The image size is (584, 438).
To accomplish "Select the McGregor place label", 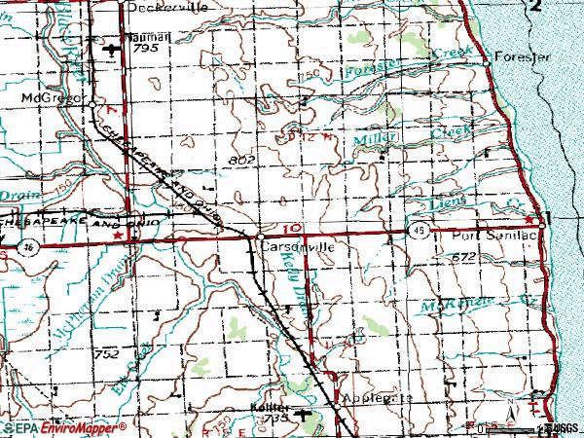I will (50, 99).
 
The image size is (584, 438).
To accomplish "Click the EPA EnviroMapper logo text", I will (64, 428).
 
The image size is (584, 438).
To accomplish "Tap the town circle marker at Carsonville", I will (262, 236).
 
